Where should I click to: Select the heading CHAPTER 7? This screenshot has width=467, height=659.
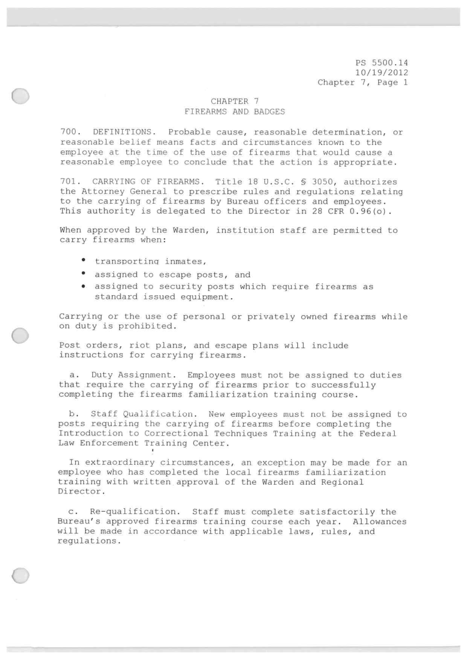[x=234, y=103]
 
